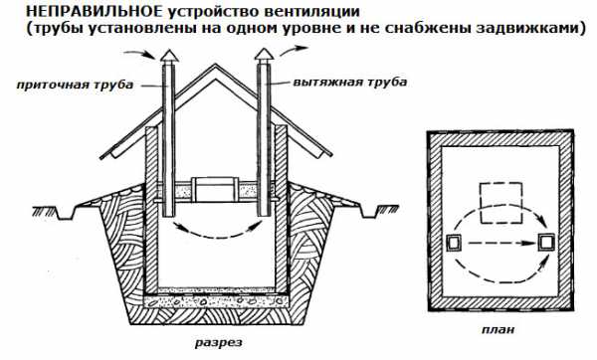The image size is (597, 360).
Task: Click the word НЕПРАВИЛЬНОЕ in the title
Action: point(95,11)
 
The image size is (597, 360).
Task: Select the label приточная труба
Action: point(75,85)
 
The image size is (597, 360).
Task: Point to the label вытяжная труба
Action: point(350,83)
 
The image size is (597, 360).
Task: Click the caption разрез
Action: point(219,342)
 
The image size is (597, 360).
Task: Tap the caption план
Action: point(498,329)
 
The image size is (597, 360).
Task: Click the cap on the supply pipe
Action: point(168,57)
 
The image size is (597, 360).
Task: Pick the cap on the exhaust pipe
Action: point(263,56)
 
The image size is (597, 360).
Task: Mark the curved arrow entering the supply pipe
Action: point(140,54)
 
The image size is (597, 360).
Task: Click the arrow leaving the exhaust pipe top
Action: point(294,50)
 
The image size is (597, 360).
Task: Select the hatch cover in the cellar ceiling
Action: point(216,189)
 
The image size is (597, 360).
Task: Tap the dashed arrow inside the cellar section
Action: point(218,234)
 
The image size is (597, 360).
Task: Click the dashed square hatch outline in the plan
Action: point(500,203)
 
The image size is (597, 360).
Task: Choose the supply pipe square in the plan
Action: point(454,243)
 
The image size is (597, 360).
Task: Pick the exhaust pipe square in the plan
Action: point(546,243)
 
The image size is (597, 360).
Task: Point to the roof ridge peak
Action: point(216,65)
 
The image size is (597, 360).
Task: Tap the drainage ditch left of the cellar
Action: point(67,213)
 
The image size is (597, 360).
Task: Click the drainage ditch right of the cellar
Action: point(368,212)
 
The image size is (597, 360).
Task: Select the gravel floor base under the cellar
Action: point(216,301)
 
